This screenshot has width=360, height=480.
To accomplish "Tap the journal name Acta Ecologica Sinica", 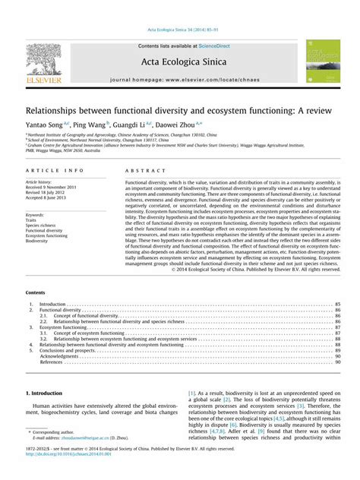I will click(179, 62).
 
